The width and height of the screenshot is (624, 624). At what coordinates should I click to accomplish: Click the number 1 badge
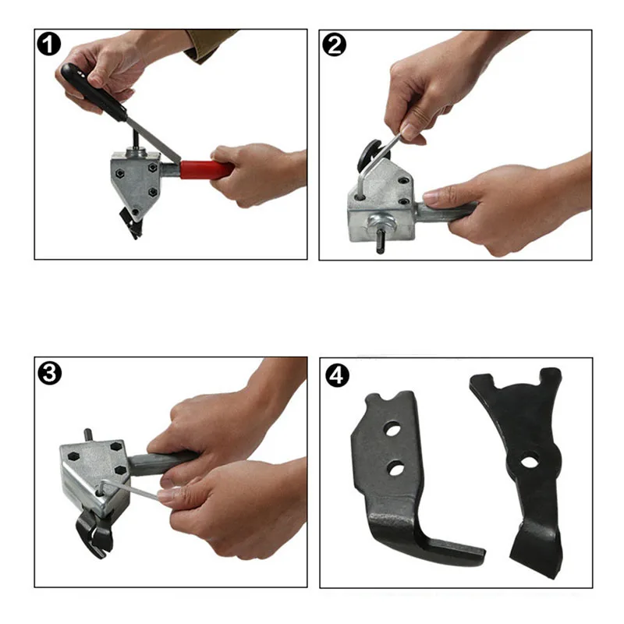pos(48,44)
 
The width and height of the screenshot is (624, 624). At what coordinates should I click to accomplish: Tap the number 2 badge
pos(335,45)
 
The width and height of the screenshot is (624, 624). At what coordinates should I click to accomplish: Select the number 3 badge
pos(49,374)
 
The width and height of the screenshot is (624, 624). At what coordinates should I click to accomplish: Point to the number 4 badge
pos(337,375)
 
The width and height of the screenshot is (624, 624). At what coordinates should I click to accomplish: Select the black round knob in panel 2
pos(368,155)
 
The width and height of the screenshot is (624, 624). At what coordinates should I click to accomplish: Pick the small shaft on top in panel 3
pos(88,435)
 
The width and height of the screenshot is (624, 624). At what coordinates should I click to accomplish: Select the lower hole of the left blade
pos(395,467)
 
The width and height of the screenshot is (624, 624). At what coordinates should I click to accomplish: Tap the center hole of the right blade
pos(529,462)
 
